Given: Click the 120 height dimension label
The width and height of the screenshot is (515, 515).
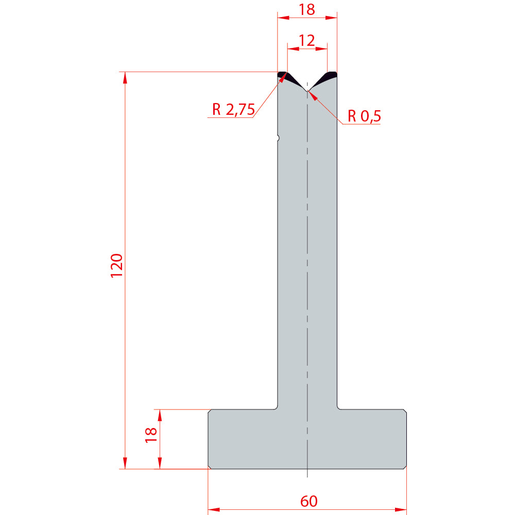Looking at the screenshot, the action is (116, 266).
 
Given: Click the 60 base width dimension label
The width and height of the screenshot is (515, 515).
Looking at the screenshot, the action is (309, 501).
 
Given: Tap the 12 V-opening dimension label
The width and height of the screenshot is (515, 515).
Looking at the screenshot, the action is (307, 40).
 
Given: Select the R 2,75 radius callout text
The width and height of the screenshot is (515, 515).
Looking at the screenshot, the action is (233, 109).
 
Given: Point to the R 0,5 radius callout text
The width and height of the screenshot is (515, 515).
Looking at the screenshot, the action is (364, 116).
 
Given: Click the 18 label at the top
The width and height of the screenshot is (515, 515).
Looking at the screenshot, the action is (307, 9).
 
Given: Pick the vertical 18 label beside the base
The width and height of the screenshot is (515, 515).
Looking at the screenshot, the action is (151, 435).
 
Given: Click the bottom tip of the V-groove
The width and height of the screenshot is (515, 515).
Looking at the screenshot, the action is (307, 91).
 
